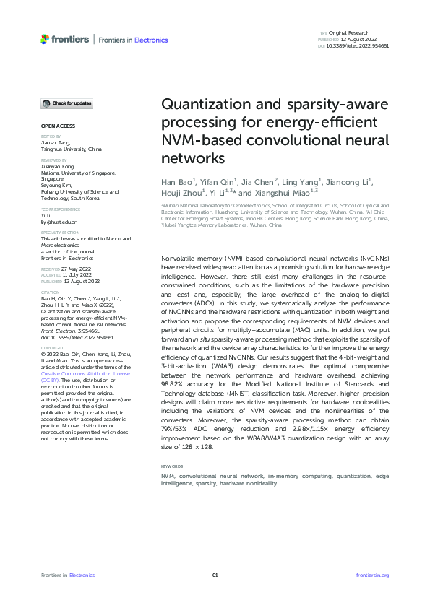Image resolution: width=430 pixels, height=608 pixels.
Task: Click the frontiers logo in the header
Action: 65,39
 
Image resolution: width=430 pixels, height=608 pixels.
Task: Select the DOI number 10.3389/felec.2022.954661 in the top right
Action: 358,45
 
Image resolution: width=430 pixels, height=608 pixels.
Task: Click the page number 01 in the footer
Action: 215,575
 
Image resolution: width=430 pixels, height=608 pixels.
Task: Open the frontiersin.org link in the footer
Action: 373,575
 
